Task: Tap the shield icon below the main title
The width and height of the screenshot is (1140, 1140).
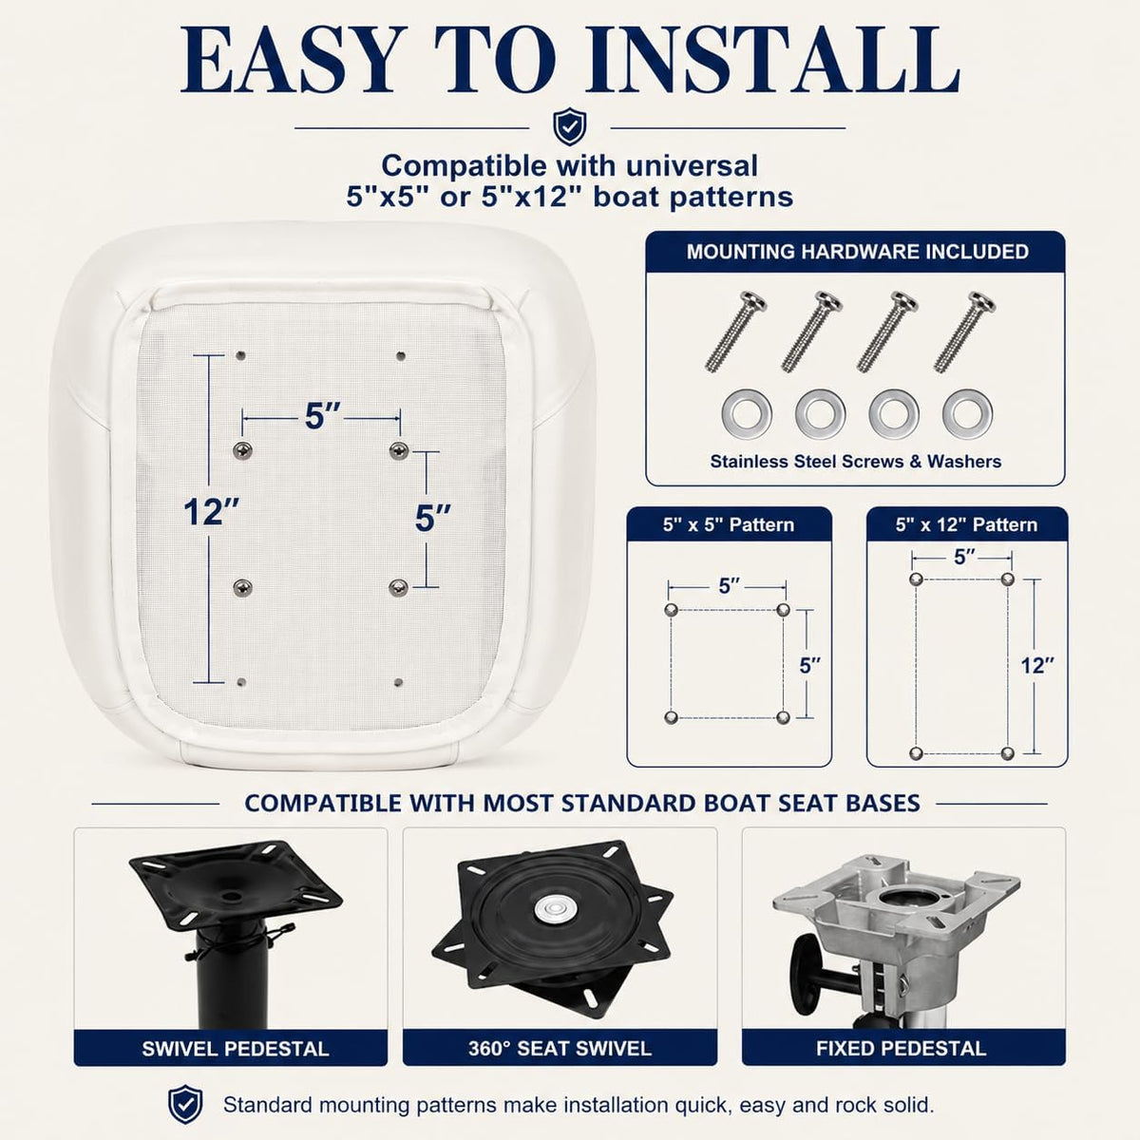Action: (x=570, y=126)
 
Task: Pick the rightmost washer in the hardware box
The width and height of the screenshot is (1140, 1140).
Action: (x=967, y=413)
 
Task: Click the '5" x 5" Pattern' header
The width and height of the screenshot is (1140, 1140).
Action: (x=729, y=524)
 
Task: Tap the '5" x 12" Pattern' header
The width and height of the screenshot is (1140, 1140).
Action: (x=967, y=524)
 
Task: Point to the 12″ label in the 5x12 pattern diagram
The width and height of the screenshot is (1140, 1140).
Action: (x=1037, y=666)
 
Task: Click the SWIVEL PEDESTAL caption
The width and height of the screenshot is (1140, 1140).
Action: (x=236, y=1049)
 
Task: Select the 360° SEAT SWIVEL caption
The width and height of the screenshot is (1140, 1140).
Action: (x=560, y=1049)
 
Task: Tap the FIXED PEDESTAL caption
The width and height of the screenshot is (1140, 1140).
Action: (x=901, y=1049)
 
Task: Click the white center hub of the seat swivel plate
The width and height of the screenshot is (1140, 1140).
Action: (x=550, y=910)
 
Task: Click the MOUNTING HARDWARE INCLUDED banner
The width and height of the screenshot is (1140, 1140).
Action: (x=857, y=252)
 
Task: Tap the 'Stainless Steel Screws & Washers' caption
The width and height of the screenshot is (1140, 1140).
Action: (x=855, y=462)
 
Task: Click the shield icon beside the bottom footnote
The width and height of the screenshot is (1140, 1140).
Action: (x=185, y=1104)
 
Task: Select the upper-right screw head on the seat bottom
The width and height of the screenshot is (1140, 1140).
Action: (x=399, y=451)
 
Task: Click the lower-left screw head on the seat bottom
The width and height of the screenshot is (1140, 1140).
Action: (x=242, y=587)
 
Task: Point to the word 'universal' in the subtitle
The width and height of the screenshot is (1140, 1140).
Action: (x=692, y=166)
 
